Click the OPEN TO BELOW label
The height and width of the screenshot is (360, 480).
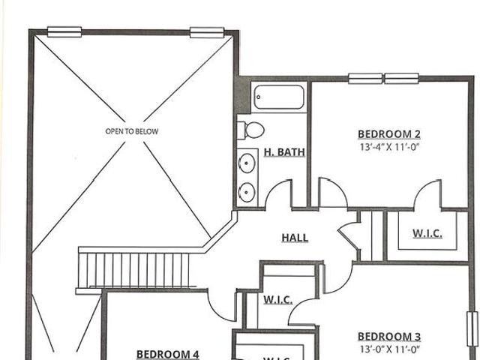point(132,131)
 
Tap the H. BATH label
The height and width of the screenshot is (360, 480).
point(284,152)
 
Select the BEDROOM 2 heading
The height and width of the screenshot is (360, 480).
point(389,134)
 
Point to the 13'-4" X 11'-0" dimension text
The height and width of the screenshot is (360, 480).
point(389,147)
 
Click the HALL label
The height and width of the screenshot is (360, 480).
point(295,238)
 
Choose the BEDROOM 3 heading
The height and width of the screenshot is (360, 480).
point(389,337)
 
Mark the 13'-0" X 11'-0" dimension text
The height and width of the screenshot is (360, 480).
point(389,349)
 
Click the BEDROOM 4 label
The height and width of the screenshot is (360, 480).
point(168,355)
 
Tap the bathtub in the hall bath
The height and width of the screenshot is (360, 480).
point(279,97)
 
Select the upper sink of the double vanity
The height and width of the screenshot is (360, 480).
point(247,163)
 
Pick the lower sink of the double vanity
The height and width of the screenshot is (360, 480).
point(247,192)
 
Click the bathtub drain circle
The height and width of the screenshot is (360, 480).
point(258,97)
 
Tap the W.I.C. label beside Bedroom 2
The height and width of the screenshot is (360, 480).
point(427,233)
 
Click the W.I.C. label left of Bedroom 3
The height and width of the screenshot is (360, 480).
point(278,299)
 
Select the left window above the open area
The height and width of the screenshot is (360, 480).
point(64,31)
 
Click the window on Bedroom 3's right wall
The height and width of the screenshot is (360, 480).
point(472,329)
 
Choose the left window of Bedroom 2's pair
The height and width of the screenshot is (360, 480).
point(365,78)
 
